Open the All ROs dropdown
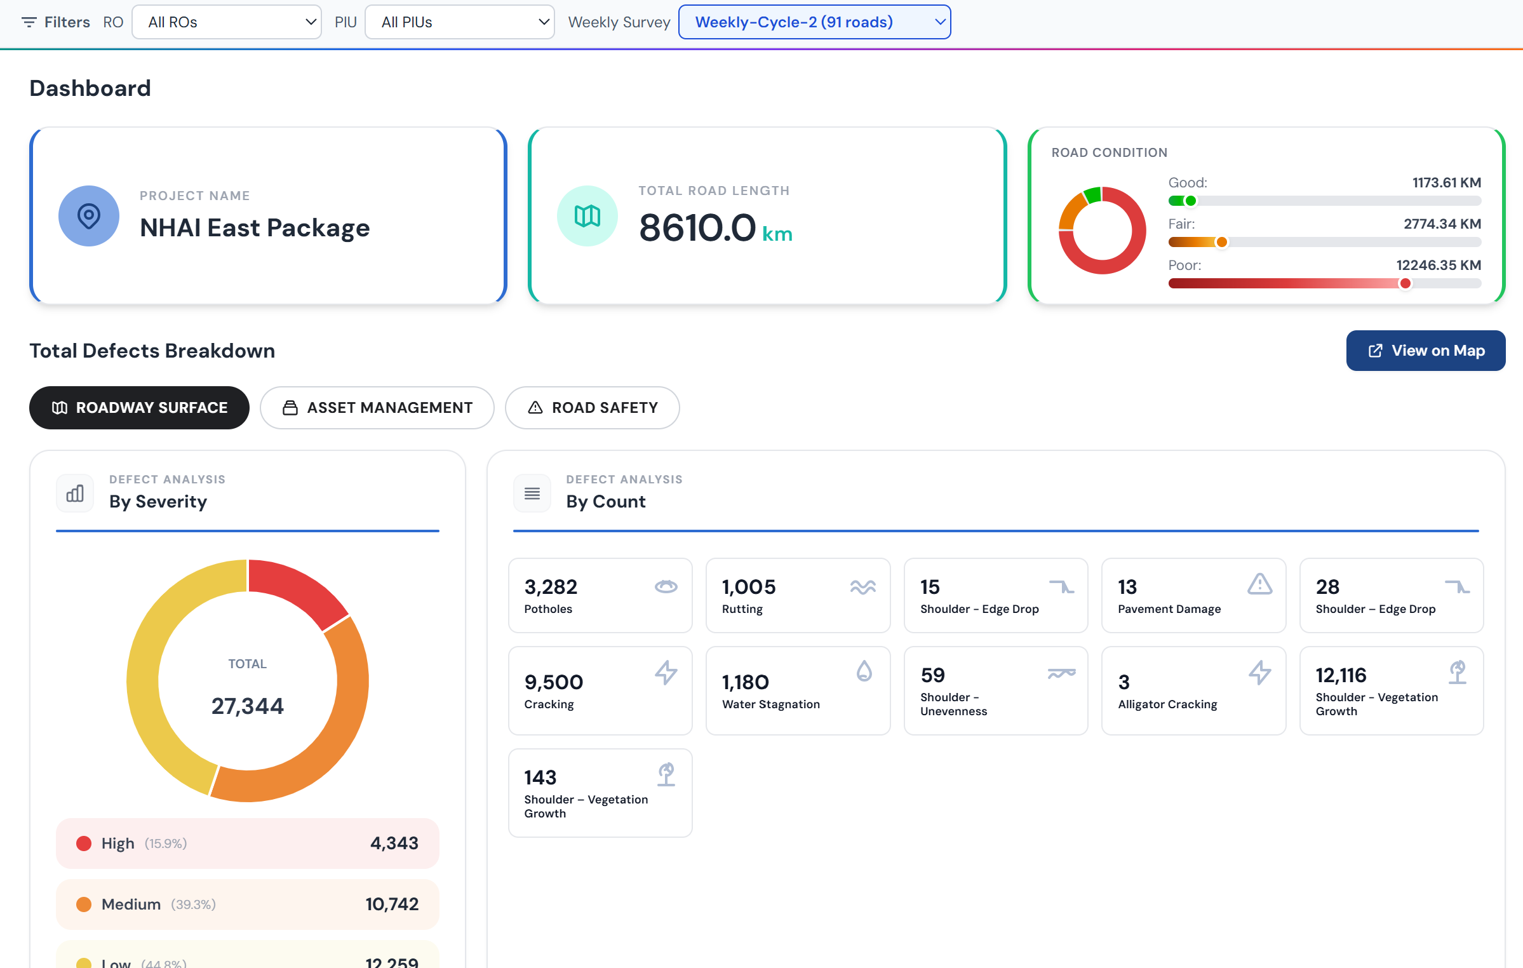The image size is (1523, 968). pyautogui.click(x=227, y=22)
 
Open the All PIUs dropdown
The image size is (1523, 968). pyautogui.click(x=460, y=22)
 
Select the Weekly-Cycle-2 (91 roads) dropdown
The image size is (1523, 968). pyautogui.click(x=814, y=22)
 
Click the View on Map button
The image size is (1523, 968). pyautogui.click(x=1425, y=351)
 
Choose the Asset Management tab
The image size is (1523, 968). pyautogui.click(x=377, y=408)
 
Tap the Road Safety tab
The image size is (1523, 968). pyautogui.click(x=592, y=408)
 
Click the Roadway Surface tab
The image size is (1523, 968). pyautogui.click(x=139, y=408)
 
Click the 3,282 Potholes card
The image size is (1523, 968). pyautogui.click(x=600, y=595)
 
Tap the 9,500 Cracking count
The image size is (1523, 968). pyautogui.click(x=553, y=682)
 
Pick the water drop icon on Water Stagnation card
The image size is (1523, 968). pyautogui.click(x=864, y=671)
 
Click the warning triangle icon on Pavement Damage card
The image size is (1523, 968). pyautogui.click(x=1259, y=584)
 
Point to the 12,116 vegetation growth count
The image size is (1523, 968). pyautogui.click(x=1341, y=675)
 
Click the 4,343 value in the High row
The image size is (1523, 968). pyautogui.click(x=394, y=843)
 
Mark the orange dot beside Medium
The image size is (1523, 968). pyautogui.click(x=84, y=904)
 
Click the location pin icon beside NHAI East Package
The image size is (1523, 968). pyautogui.click(x=89, y=216)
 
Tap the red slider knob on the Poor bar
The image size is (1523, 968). pyautogui.click(x=1406, y=283)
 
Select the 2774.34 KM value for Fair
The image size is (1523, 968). pyautogui.click(x=1442, y=224)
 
